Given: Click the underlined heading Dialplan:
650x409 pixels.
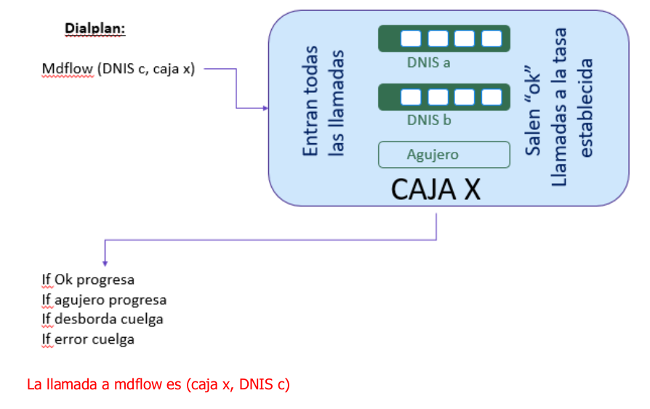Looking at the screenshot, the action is pyautogui.click(x=95, y=28).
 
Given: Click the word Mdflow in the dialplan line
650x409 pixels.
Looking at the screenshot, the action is pyautogui.click(x=68, y=69).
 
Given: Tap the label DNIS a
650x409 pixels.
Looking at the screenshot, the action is pyautogui.click(x=429, y=62).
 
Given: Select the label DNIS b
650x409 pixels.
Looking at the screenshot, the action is pyautogui.click(x=429, y=120).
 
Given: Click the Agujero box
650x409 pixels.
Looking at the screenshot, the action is pyautogui.click(x=444, y=155).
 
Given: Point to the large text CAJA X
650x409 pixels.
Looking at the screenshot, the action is pyautogui.click(x=436, y=190).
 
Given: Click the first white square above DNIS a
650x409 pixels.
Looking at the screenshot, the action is pyautogui.click(x=411, y=39).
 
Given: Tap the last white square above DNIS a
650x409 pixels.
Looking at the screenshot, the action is pyautogui.click(x=491, y=39).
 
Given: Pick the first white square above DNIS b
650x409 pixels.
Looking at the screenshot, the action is pyautogui.click(x=411, y=97).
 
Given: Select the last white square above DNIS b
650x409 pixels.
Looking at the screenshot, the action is pyautogui.click(x=491, y=97).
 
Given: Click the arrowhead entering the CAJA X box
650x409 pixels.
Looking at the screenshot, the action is pyautogui.click(x=265, y=108).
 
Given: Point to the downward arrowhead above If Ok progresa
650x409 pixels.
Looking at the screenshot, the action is pyautogui.click(x=105, y=263).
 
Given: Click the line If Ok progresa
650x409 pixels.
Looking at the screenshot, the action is pyautogui.click(x=88, y=280).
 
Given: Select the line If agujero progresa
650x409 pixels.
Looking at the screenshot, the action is pyautogui.click(x=104, y=300).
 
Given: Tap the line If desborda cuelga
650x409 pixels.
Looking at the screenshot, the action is pyautogui.click(x=103, y=320).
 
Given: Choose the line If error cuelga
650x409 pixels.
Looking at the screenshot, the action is pyautogui.click(x=88, y=339).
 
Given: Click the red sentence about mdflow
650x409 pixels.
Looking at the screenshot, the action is pyautogui.click(x=159, y=384).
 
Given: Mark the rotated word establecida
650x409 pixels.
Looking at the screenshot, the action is pyautogui.click(x=586, y=108).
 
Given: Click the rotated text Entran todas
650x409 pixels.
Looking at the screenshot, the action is pyautogui.click(x=310, y=101).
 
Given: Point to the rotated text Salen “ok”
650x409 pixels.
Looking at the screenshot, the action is pyautogui.click(x=533, y=110).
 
